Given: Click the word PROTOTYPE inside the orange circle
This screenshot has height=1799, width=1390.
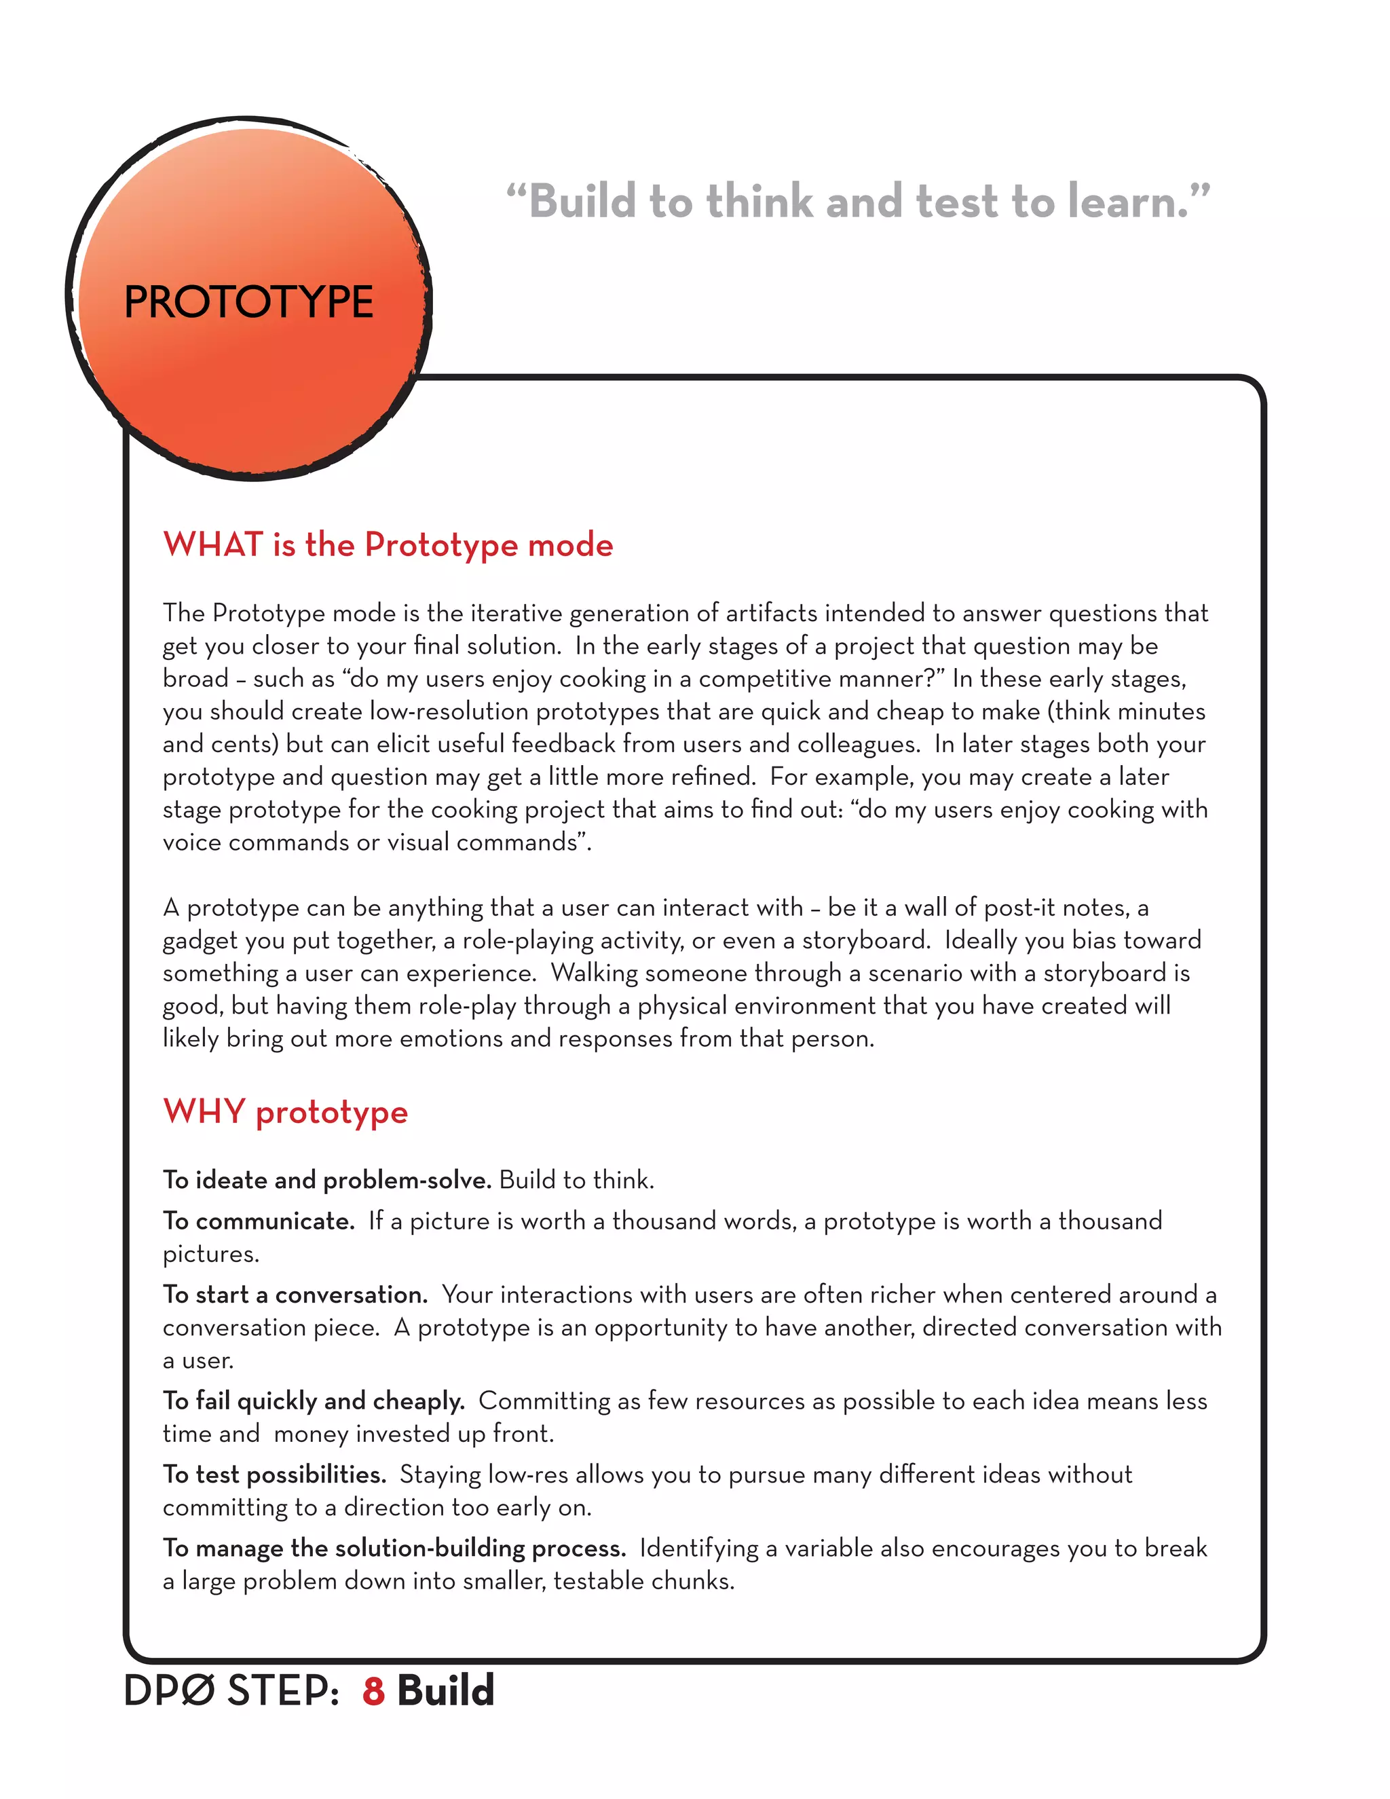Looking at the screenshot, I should (x=248, y=301).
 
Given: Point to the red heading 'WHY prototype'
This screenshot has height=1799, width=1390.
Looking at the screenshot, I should (x=285, y=1112).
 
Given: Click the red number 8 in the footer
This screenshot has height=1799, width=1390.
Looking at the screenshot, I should (x=373, y=1691).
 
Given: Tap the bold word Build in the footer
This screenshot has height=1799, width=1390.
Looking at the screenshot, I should (x=445, y=1691).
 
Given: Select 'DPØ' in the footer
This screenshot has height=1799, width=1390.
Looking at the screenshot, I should (x=169, y=1691).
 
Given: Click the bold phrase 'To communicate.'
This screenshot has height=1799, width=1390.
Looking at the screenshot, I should (x=258, y=1221).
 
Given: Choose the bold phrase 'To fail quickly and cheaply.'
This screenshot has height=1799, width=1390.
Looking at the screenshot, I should (x=313, y=1401).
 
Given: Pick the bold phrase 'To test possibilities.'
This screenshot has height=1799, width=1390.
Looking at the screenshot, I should (x=274, y=1475).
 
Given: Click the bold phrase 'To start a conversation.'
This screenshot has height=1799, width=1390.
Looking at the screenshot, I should (x=295, y=1295).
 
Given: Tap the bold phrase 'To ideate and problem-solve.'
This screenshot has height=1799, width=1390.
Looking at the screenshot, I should (x=326, y=1181).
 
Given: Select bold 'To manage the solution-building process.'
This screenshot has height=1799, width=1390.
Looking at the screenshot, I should (x=394, y=1548).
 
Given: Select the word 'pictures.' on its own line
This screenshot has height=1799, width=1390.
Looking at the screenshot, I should (x=211, y=1255).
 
